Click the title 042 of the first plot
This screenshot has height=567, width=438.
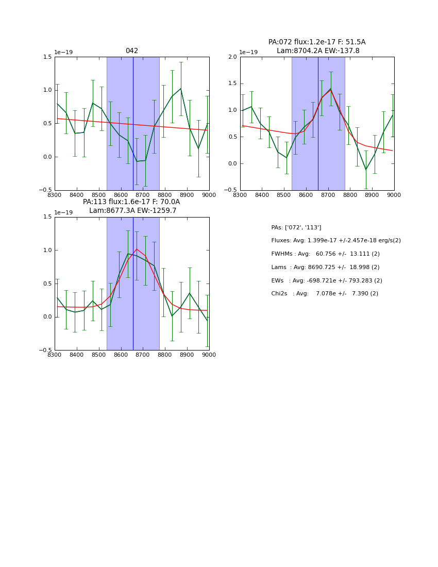click(132, 51)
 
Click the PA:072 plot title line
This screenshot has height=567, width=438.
click(316, 42)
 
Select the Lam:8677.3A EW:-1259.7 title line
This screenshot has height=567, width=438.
click(132, 211)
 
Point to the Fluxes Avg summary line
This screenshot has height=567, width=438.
click(335, 241)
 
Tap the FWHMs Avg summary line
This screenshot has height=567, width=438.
click(325, 254)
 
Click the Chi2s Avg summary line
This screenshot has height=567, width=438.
click(325, 294)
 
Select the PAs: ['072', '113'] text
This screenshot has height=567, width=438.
click(296, 228)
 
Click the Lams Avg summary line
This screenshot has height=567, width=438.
click(325, 268)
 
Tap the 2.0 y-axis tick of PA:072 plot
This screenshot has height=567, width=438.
click(232, 57)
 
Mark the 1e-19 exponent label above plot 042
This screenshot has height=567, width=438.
click(63, 52)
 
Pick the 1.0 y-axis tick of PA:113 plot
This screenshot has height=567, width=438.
click(47, 251)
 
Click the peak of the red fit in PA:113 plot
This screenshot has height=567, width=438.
click(137, 249)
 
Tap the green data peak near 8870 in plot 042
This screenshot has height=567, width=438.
click(181, 89)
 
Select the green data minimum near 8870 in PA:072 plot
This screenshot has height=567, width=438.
click(366, 170)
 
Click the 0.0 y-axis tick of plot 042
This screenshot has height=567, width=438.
click(47, 157)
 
